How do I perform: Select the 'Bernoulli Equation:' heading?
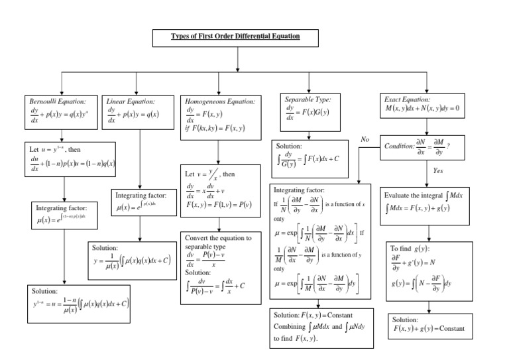(x=58, y=101)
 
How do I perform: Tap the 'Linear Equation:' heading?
(x=131, y=101)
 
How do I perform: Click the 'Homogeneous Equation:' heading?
(x=219, y=101)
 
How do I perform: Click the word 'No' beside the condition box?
(x=365, y=140)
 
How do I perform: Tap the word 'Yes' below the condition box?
(x=437, y=170)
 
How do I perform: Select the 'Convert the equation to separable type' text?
(x=219, y=242)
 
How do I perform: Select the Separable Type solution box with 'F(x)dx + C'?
(x=310, y=153)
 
